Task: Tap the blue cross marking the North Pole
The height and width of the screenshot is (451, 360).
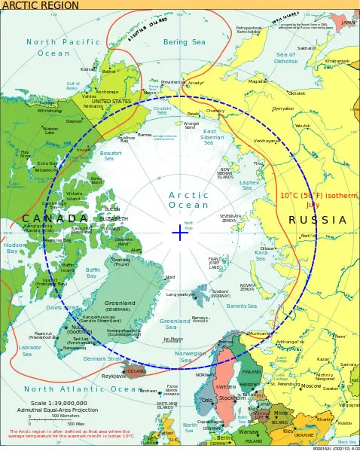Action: [x=179, y=233]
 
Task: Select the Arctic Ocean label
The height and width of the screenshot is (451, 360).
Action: [x=188, y=200]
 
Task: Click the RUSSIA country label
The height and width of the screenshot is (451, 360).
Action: [x=317, y=220]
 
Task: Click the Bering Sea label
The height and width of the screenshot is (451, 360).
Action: [x=185, y=42]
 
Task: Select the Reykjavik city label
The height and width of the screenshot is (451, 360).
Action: [x=114, y=375]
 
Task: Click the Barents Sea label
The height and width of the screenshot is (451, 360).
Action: [x=241, y=306]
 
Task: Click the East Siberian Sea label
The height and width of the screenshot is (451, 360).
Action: [x=213, y=136]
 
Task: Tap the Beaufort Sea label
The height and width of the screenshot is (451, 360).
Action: [x=111, y=156]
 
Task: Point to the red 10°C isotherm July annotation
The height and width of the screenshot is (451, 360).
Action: [x=320, y=200]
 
